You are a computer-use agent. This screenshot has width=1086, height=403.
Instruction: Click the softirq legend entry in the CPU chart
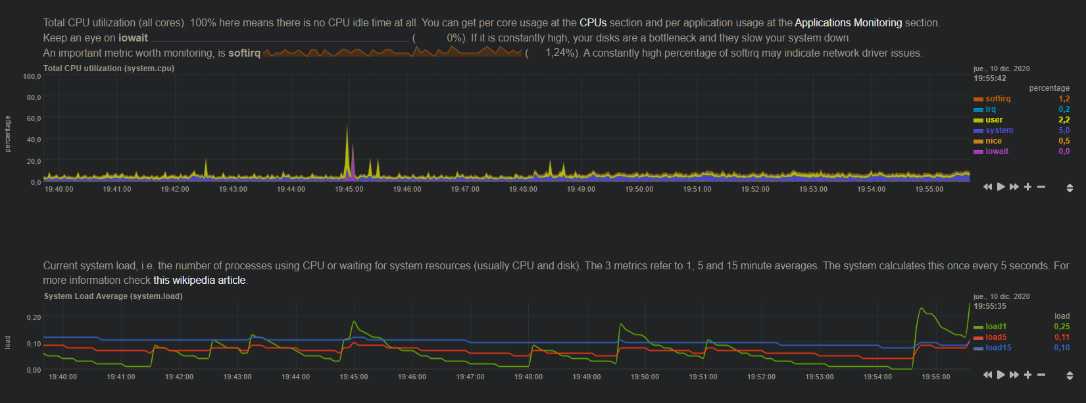pyautogui.click(x=997, y=99)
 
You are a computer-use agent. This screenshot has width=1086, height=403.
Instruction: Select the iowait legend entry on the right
pyautogui.click(x=997, y=151)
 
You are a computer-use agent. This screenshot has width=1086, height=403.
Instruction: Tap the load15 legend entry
pyautogui.click(x=998, y=348)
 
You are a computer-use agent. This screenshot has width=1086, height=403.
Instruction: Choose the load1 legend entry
pyautogui.click(x=995, y=327)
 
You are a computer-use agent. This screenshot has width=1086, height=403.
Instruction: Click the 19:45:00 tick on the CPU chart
pyautogui.click(x=349, y=189)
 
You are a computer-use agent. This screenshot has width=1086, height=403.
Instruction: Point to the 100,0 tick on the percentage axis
pyautogui.click(x=32, y=77)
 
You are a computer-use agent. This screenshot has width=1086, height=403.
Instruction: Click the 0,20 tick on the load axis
pyautogui.click(x=34, y=317)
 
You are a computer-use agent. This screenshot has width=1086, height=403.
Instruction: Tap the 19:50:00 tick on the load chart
pyautogui.click(x=645, y=377)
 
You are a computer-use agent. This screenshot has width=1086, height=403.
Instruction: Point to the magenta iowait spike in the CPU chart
pyautogui.click(x=353, y=158)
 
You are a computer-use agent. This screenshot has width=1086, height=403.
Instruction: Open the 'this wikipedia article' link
pyautogui.click(x=199, y=281)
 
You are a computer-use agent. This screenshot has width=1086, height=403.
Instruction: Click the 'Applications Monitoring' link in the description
pyautogui.click(x=848, y=23)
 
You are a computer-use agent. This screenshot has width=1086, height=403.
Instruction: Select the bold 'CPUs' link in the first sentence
pyautogui.click(x=593, y=23)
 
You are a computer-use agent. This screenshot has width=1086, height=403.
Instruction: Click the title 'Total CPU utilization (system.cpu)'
pyautogui.click(x=109, y=68)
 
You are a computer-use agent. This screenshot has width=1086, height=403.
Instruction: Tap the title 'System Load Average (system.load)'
pyautogui.click(x=113, y=296)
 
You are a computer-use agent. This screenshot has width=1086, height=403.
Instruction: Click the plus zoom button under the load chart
pyautogui.click(x=1027, y=375)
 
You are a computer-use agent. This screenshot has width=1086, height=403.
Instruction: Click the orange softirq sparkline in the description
pyautogui.click(x=392, y=52)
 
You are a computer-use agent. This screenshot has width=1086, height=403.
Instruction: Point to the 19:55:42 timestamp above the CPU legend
pyautogui.click(x=990, y=78)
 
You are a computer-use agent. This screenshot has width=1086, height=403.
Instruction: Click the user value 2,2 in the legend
pyautogui.click(x=1064, y=120)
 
